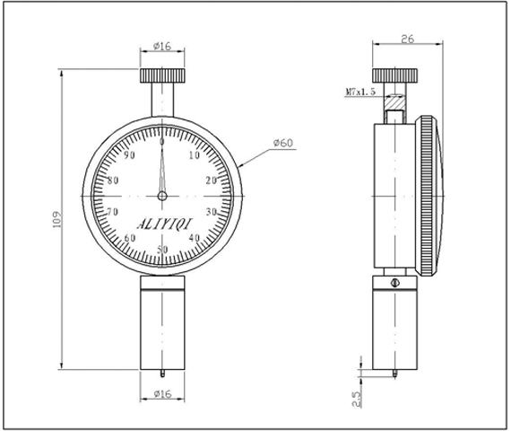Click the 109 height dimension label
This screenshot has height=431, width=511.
point(57,219)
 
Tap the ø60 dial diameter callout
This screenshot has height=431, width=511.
point(283,143)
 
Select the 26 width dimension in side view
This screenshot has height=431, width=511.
point(407,40)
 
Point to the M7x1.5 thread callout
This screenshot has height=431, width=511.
point(360,92)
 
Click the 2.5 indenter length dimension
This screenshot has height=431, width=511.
point(357,399)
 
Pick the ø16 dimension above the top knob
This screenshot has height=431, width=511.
point(162,46)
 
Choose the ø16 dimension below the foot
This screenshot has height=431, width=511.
point(162,394)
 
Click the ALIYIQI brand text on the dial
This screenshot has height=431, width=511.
point(165,224)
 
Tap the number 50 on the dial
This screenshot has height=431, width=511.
point(162,250)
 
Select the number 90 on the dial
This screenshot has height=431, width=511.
point(129,155)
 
